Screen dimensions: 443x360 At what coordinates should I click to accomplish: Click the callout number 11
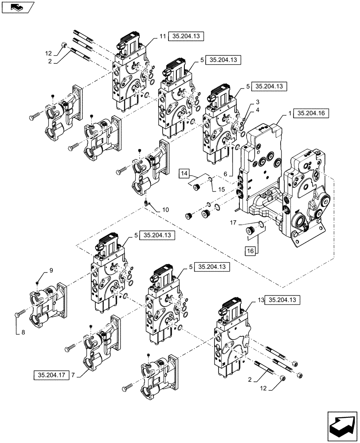click(162, 37)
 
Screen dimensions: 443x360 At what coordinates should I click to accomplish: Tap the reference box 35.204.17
click(51, 375)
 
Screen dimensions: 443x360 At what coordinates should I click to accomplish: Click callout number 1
click(290, 113)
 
